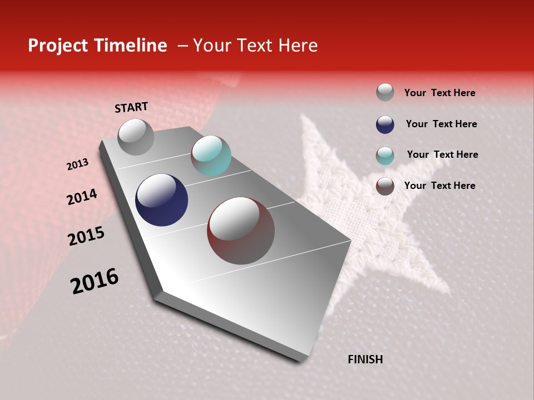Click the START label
[131, 107]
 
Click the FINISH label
[365, 359]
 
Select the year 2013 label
[77, 164]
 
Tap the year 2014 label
[82, 197]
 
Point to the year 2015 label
[86, 236]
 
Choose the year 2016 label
[95, 281]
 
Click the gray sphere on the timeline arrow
[136, 137]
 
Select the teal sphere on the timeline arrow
[211, 156]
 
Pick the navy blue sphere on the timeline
[161, 200]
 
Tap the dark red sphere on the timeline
[240, 231]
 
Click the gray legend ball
[385, 92]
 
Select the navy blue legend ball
[385, 124]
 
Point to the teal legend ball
[385, 156]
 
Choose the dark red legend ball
[385, 186]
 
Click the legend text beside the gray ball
[439, 93]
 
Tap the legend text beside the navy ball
[441, 124]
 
